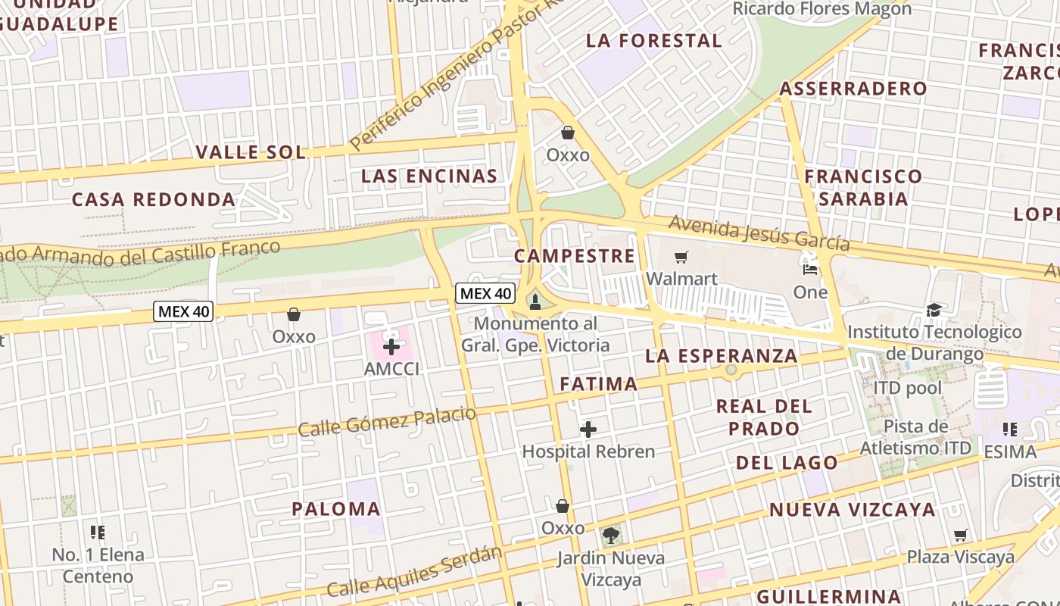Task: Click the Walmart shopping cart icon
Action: pyautogui.click(x=681, y=258)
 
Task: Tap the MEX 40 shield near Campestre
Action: pyautogui.click(x=485, y=293)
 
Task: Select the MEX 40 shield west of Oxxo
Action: pyautogui.click(x=183, y=311)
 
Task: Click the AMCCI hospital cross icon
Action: pyautogui.click(x=391, y=348)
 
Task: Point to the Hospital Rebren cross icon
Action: pyautogui.click(x=588, y=430)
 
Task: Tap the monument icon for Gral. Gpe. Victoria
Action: pyautogui.click(x=535, y=303)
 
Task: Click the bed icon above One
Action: pyautogui.click(x=810, y=269)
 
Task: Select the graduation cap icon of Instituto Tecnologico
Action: pyautogui.click(x=934, y=310)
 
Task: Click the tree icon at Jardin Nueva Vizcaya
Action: pyautogui.click(x=611, y=536)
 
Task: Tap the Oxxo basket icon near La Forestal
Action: pyautogui.click(x=568, y=133)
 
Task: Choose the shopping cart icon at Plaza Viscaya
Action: pyautogui.click(x=961, y=536)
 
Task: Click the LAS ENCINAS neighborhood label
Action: pyautogui.click(x=429, y=176)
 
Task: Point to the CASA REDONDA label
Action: pyautogui.click(x=154, y=199)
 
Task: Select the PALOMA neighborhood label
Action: pyautogui.click(x=336, y=509)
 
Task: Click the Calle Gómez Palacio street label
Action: pyautogui.click(x=387, y=421)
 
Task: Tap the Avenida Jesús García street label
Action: pyautogui.click(x=759, y=233)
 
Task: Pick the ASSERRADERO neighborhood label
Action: pyautogui.click(x=853, y=89)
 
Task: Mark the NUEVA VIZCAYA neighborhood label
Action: pyautogui.click(x=853, y=510)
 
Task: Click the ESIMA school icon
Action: pyautogui.click(x=1009, y=430)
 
